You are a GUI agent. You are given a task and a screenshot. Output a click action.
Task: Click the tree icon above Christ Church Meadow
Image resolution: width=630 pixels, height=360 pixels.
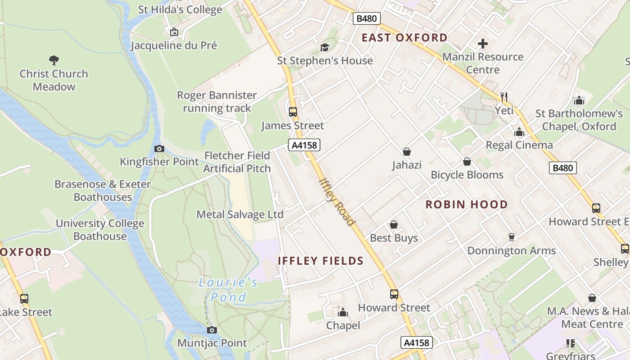click(54, 60)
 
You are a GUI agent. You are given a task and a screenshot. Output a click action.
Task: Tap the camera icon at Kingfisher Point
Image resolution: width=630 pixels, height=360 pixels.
click(159, 148)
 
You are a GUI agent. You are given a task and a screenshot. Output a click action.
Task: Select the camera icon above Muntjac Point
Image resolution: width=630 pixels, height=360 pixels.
click(211, 330)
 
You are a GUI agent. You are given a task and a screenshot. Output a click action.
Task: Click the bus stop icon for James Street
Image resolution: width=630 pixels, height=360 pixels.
click(292, 112)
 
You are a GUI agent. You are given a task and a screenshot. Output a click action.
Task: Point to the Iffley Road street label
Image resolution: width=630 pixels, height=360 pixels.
click(337, 202)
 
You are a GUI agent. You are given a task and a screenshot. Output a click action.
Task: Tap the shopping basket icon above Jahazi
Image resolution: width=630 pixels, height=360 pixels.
click(407, 152)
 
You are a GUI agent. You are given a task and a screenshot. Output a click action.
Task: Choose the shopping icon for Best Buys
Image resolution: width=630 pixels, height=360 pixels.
click(394, 225)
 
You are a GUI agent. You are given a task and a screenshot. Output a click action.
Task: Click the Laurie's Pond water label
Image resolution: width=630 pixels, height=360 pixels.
click(229, 290)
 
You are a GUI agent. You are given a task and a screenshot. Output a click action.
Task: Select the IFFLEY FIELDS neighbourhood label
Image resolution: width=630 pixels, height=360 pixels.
click(320, 261)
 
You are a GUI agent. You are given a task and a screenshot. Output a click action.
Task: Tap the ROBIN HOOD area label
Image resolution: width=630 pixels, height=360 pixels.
click(467, 205)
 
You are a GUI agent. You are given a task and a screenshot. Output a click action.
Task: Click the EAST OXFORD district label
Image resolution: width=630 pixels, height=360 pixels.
click(405, 38)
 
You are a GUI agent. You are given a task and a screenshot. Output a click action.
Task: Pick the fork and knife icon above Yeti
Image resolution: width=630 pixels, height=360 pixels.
click(504, 97)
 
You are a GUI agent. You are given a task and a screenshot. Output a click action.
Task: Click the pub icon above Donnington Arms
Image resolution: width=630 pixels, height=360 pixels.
click(511, 237)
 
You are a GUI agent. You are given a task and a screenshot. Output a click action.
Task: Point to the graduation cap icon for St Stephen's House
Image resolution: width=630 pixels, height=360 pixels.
click(324, 47)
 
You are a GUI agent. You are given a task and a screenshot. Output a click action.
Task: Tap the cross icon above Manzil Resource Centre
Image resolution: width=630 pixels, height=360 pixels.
click(482, 44)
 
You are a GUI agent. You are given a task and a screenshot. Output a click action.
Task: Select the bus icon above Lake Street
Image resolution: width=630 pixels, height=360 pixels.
click(24, 298)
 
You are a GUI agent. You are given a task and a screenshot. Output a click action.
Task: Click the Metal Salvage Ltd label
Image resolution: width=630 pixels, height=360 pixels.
click(240, 214)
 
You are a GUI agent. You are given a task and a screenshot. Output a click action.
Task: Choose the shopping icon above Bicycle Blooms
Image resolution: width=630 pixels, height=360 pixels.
click(467, 162)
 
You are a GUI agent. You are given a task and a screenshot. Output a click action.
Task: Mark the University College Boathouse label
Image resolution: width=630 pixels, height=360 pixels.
click(100, 229)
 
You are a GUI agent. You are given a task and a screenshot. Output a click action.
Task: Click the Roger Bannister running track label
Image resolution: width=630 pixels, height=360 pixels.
click(217, 102)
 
